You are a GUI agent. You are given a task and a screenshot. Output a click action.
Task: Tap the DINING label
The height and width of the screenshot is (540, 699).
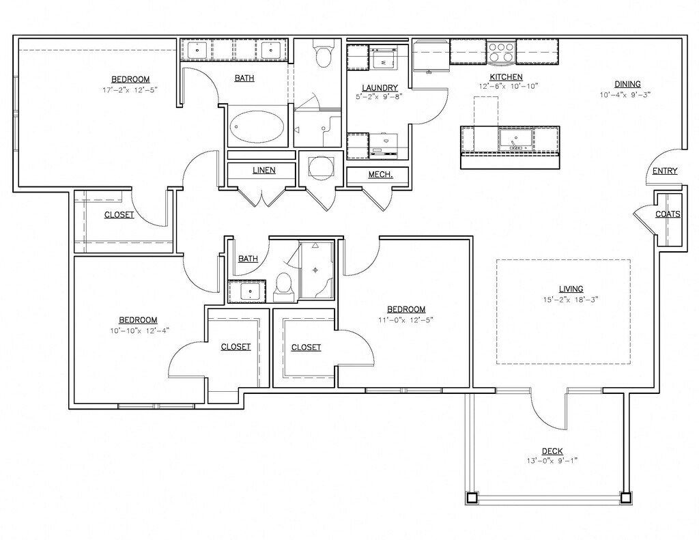tap(627, 84)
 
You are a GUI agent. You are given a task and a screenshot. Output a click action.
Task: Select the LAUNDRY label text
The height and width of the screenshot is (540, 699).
tap(380, 88)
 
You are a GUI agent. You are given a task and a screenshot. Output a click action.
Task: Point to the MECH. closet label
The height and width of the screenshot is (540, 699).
tap(380, 174)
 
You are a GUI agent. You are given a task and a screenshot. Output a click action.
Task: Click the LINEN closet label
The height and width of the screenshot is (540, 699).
tap(264, 170)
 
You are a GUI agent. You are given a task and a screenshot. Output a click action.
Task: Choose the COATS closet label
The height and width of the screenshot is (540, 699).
tap(668, 214)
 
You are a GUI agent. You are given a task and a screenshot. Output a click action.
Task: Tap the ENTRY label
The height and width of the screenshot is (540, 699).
tap(665, 171)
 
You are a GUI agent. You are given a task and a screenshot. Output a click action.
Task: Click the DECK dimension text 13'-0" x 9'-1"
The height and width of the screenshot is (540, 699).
tap(552, 461)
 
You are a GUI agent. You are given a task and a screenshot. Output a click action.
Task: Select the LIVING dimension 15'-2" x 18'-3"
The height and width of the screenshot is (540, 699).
tap(571, 300)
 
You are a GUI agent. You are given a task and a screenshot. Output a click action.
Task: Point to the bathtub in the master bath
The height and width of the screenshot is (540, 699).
tap(257, 126)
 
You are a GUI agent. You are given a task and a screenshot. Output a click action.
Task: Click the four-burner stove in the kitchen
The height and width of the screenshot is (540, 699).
tap(501, 52)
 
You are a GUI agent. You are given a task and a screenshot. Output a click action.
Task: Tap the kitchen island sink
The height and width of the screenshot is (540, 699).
tap(516, 139)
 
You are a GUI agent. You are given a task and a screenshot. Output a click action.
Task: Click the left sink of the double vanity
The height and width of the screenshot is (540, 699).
tap(197, 50)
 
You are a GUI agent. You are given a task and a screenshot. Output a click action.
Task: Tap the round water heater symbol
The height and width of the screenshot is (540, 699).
tap(321, 168)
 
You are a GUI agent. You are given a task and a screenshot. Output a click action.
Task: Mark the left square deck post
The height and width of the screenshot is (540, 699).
tap(472, 497)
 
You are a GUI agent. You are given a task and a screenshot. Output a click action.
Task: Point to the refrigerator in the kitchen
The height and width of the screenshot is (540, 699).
tap(431, 55)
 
